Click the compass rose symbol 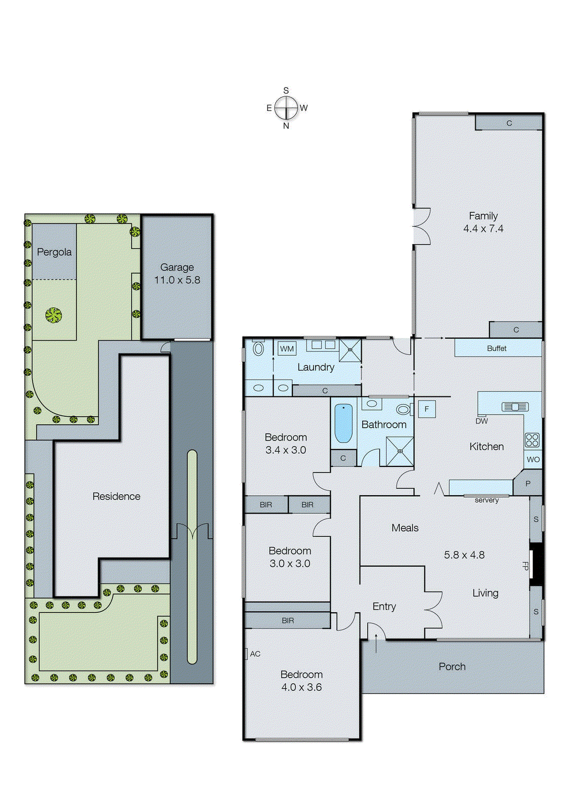[x=287, y=108]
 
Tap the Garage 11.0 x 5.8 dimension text [x=177, y=280]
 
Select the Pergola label [x=54, y=252]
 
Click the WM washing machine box [x=287, y=349]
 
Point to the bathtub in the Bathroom [x=343, y=423]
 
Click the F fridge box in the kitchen [x=427, y=409]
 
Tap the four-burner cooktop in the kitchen [x=532, y=440]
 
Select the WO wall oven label [x=533, y=460]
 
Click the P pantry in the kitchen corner [x=527, y=484]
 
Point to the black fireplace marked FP [x=537, y=564]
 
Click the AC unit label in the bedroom [x=255, y=654]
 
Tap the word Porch [x=452, y=667]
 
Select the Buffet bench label [x=496, y=348]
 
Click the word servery [x=486, y=500]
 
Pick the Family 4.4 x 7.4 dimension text [x=483, y=229]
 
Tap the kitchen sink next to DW [x=515, y=407]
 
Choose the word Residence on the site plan [x=116, y=496]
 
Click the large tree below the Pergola [x=53, y=315]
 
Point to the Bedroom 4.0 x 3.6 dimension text [x=301, y=687]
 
